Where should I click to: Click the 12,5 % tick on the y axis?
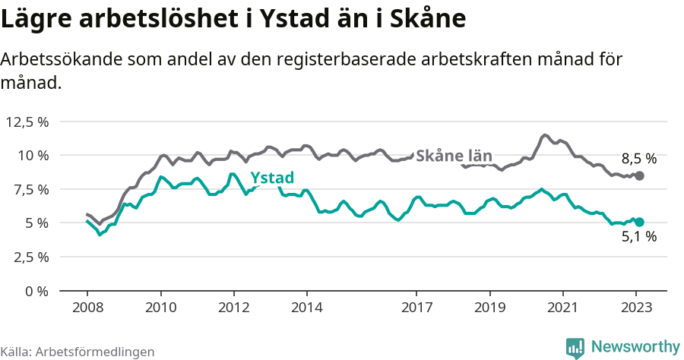tap(27, 122)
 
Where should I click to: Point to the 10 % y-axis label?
tap(33, 155)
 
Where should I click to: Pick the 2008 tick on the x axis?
tap(87, 308)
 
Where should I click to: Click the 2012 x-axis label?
tap(233, 308)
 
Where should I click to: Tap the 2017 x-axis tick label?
tap(416, 308)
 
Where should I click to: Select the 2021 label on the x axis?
tap(562, 308)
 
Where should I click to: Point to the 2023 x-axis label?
tap(635, 308)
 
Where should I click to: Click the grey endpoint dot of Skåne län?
tap(639, 175)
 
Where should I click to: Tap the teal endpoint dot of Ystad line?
tap(639, 222)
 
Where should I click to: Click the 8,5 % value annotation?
tap(638, 159)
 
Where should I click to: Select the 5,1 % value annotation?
tap(638, 237)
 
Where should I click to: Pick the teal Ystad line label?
tap(272, 178)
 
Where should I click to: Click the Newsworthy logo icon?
tap(575, 347)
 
